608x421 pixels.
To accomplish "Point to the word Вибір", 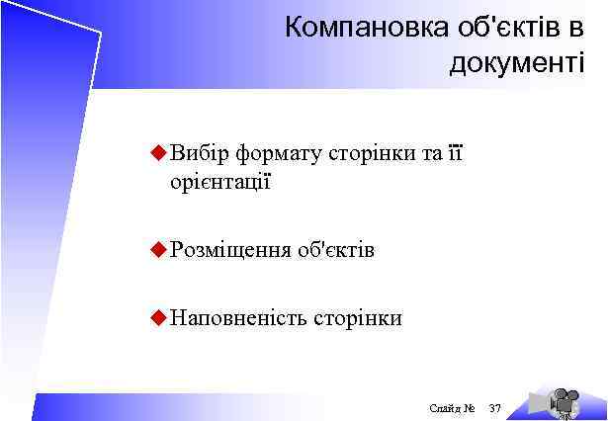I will (x=199, y=154).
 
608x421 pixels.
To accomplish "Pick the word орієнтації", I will (x=220, y=182).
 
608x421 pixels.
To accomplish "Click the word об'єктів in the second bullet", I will (x=335, y=250).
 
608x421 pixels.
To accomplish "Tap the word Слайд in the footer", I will (x=445, y=407).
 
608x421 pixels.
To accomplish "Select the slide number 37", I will (x=495, y=407).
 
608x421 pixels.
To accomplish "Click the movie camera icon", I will (x=563, y=401).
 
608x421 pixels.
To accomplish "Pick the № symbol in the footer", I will (x=470, y=407).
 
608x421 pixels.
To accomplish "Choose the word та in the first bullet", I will (x=430, y=154).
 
